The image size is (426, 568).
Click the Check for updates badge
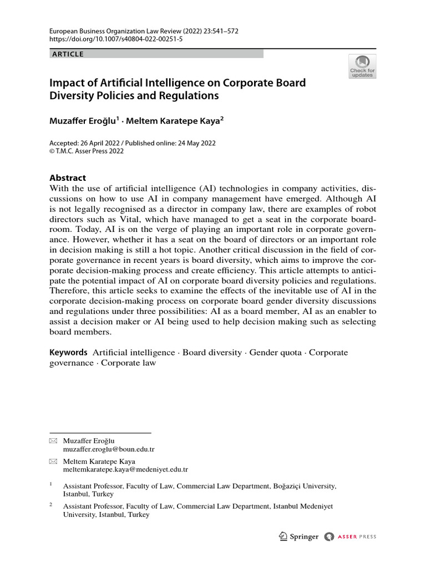pyautogui.click(x=362, y=66)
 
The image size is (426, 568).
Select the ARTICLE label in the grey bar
pyautogui.click(x=68, y=54)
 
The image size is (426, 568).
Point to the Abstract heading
pyautogui.click(x=68, y=178)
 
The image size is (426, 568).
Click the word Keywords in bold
pyautogui.click(x=69, y=352)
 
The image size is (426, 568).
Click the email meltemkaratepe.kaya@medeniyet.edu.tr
pyautogui.click(x=125, y=469)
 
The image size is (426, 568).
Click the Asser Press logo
pyautogui.click(x=350, y=536)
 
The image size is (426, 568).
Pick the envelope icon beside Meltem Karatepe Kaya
pyautogui.click(x=53, y=461)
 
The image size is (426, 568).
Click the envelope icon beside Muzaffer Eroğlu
pyautogui.click(x=53, y=441)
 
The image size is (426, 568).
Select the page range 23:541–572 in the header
pyautogui.click(x=219, y=32)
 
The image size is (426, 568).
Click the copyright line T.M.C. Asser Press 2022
pyautogui.click(x=90, y=151)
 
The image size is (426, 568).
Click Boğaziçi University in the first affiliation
pyautogui.click(x=305, y=485)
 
